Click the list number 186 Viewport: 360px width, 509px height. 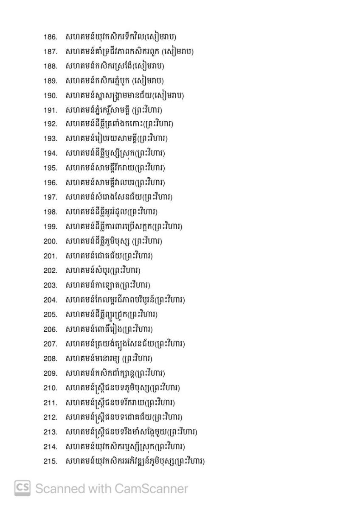(x=50, y=37)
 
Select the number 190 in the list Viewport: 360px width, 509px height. (x=50, y=96)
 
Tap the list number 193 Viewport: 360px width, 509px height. (x=50, y=140)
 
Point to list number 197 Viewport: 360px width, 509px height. (x=50, y=198)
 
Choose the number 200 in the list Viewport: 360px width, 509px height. (x=50, y=242)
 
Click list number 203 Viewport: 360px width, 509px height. (x=50, y=285)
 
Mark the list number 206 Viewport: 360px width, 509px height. (x=50, y=330)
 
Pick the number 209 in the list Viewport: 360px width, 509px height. (x=50, y=374)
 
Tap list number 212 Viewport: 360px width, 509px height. (x=50, y=417)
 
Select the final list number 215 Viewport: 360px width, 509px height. (x=50, y=461)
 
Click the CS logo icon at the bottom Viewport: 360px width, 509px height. (x=22, y=489)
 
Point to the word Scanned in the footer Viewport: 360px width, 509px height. (x=60, y=489)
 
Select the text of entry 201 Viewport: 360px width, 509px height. (x=109, y=256)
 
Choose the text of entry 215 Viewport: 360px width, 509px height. (x=135, y=461)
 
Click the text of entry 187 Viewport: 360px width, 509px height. (x=129, y=52)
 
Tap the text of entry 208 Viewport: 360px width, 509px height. (x=109, y=358)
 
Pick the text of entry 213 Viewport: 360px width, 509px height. (x=131, y=432)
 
